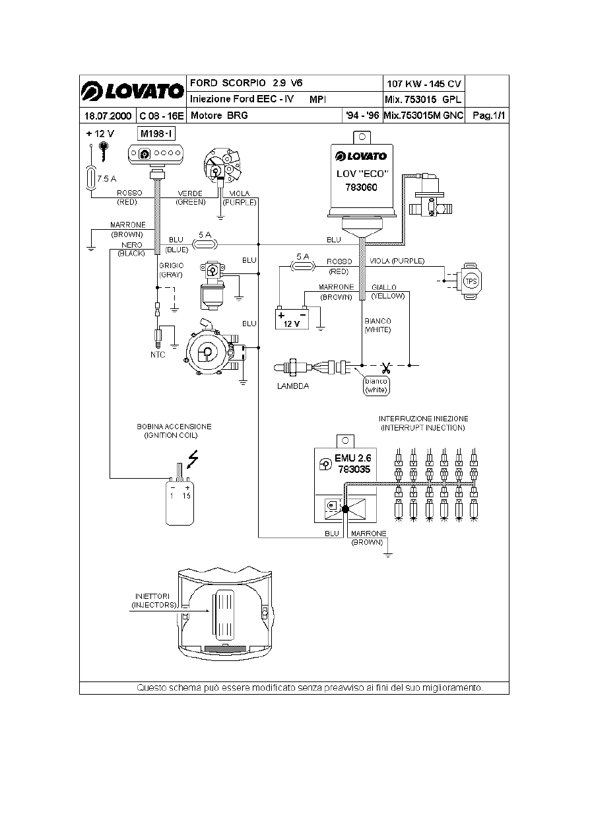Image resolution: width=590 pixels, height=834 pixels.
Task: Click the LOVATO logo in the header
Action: click(133, 91)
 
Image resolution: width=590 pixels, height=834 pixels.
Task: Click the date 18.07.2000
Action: click(108, 116)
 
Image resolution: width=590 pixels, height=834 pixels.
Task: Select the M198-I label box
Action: click(156, 133)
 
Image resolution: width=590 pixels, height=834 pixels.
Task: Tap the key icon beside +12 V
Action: click(104, 151)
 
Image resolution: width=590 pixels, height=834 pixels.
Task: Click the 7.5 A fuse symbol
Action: click(91, 179)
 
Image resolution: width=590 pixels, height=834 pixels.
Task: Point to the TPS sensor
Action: click(471, 281)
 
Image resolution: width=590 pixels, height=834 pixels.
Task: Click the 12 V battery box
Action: click(292, 320)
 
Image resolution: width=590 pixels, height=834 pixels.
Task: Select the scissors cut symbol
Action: click(386, 368)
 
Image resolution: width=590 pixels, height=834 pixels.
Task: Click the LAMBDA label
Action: click(293, 386)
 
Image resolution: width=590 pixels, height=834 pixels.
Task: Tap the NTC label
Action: click(158, 355)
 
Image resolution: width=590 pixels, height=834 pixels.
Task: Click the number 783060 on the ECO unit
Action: click(361, 188)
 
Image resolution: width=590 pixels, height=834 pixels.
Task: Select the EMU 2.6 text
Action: click(352, 458)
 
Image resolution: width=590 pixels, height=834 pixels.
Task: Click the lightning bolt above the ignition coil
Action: click(193, 459)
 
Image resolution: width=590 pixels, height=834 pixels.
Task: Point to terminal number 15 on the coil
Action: click(186, 496)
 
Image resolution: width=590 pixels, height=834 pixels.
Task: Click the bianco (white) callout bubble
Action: click(376, 386)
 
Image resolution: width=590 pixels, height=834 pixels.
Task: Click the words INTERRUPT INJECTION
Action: click(423, 428)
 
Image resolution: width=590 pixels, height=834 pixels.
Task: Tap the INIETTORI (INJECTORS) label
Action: click(154, 600)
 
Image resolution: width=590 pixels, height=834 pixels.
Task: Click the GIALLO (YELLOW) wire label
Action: click(388, 292)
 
